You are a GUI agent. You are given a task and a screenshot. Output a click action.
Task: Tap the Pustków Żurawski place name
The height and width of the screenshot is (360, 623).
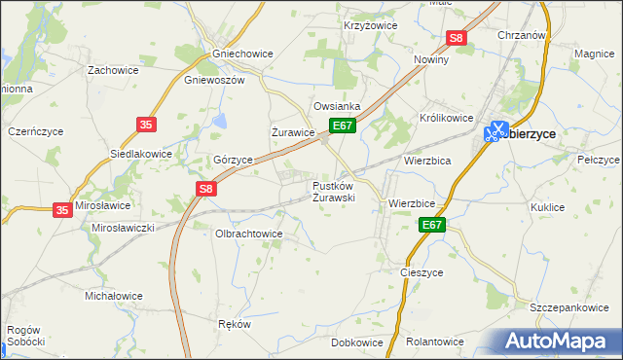coord(333,191)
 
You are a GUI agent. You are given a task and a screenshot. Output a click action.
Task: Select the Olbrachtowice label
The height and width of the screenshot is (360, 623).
coord(248,234)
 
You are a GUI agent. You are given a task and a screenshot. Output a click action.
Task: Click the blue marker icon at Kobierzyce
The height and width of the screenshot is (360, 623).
coord(496,130)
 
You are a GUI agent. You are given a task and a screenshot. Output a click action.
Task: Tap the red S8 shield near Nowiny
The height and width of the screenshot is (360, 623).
coord(458,38)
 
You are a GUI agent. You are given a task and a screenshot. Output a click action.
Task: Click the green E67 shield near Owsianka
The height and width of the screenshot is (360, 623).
coord(342,126)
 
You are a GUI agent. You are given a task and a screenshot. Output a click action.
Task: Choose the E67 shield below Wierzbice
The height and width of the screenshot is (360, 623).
coord(433,226)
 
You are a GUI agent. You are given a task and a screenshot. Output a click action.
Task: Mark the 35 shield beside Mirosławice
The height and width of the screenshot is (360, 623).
coord(62,209)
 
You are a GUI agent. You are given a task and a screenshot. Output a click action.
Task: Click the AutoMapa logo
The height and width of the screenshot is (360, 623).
coord(559,341)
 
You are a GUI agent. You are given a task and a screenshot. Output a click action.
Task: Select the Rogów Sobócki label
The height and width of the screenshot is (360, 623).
coord(25,336)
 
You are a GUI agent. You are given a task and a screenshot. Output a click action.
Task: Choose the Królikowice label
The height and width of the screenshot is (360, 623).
coord(447,118)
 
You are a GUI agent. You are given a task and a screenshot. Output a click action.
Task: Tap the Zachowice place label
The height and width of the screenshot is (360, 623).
coord(113,70)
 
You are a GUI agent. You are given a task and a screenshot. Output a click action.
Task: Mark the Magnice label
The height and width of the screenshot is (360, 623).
coord(593,54)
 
